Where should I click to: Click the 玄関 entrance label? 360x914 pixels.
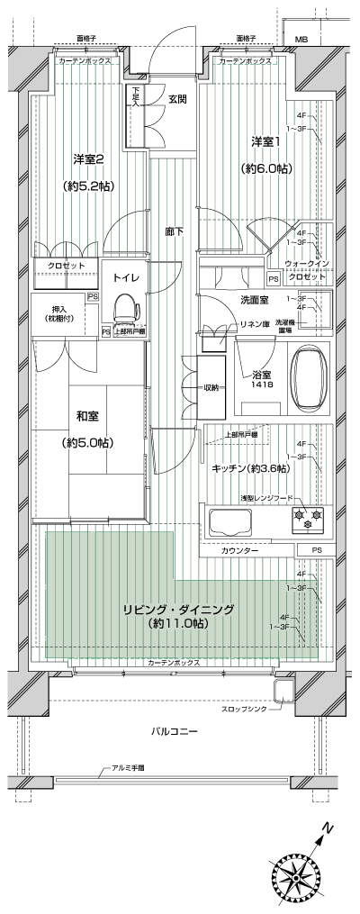coord(176,99)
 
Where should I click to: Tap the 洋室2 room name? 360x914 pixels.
coord(89,159)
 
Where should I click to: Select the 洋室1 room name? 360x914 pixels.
coord(264,141)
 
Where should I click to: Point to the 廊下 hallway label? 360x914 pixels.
coord(175,231)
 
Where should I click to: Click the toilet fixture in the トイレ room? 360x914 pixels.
coord(123,310)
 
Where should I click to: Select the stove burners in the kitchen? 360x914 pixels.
coord(307,520)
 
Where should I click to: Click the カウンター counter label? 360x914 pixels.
coord(240,549)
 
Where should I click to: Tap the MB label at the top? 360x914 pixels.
coord(301,40)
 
